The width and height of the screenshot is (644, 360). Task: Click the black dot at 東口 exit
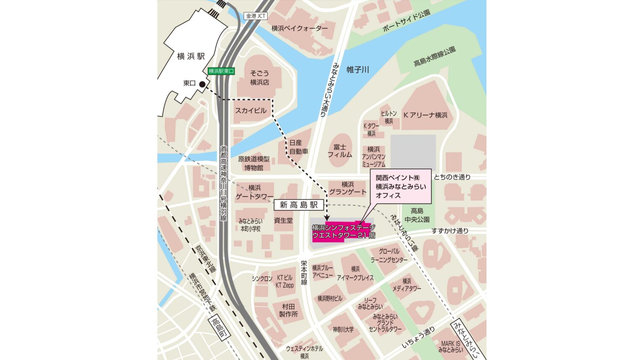[x=202, y=84]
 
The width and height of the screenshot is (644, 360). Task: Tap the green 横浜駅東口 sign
[x=221, y=71]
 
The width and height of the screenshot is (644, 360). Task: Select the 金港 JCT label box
[x=256, y=16]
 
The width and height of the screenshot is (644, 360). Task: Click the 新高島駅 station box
[x=299, y=205]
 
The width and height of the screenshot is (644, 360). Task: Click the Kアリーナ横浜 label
[x=425, y=115]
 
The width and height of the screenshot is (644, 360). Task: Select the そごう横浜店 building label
[x=260, y=78]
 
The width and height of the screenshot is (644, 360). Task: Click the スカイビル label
[x=251, y=111]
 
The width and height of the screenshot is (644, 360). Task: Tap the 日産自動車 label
[x=299, y=147]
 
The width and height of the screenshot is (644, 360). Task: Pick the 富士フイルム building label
[x=340, y=151]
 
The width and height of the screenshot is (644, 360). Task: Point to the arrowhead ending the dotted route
[x=327, y=218]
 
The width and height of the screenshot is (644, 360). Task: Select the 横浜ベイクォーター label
[x=299, y=28]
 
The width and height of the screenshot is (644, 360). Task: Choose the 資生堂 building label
[x=283, y=220]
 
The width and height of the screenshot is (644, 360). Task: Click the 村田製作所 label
[x=288, y=310]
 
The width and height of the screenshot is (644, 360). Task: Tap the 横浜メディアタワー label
[x=407, y=285]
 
